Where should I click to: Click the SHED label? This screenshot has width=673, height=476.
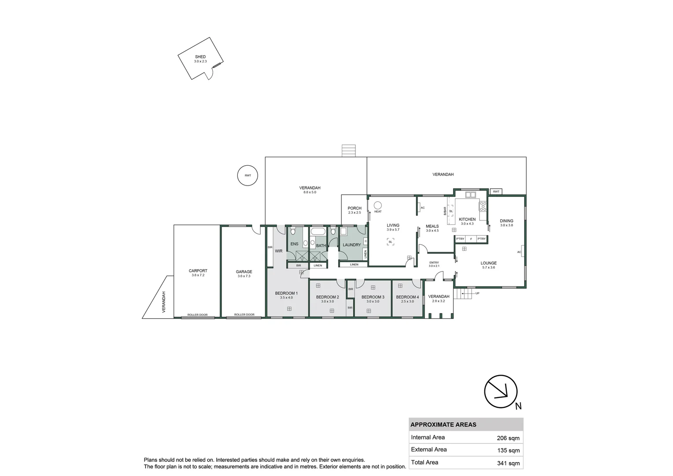coord(200,57)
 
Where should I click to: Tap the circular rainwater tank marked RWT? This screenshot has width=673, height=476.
coord(248,175)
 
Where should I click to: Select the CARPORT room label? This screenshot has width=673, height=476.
coord(198,271)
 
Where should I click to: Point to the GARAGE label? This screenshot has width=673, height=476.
coord(244,272)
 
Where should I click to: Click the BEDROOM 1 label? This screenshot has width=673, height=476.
coord(286,294)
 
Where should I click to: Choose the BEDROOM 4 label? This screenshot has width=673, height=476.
coord(407,297)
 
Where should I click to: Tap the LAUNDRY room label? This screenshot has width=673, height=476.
coord(351,245)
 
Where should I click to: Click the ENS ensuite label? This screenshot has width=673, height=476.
coord(294,244)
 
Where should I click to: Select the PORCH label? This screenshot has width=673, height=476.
coord(354,208)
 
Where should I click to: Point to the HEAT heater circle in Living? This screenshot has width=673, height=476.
coord(377,205)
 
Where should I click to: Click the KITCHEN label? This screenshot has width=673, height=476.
coord(467,219)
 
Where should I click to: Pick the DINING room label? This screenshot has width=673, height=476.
coord(506,221)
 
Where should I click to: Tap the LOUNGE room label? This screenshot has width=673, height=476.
coord(488,263)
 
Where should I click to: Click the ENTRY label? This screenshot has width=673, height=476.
coord(434,263)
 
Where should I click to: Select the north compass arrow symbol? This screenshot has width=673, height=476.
coord(500,391)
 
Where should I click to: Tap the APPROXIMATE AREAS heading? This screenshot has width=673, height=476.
coord(443,425)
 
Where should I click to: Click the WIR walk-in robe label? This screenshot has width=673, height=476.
coord(278,251)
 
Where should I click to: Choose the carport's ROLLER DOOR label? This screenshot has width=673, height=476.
coord(197,315)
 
